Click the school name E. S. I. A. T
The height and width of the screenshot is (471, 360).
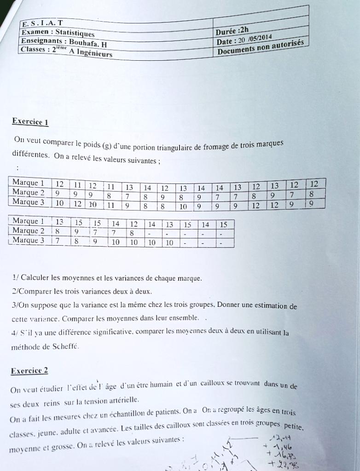click(43, 23)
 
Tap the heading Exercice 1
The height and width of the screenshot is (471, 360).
click(30, 122)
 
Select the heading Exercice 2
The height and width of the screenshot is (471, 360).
click(29, 371)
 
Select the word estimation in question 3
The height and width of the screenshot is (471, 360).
click(269, 306)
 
